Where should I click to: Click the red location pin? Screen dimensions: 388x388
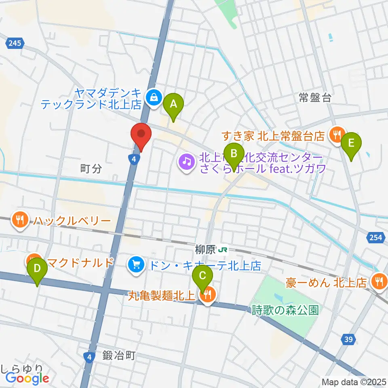[x=141, y=135]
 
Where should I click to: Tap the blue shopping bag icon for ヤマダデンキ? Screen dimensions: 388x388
[x=154, y=97]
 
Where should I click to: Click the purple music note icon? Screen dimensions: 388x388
[x=186, y=162]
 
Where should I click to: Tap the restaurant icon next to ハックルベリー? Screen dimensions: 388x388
[x=20, y=220]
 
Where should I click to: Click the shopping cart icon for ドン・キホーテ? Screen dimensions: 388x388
[x=135, y=265]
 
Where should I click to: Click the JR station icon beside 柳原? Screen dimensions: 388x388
[x=222, y=250]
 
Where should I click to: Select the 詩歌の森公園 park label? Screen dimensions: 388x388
[x=285, y=310]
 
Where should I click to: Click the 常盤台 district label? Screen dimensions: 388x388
[x=315, y=97]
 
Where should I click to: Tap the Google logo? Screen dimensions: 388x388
[x=27, y=378]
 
